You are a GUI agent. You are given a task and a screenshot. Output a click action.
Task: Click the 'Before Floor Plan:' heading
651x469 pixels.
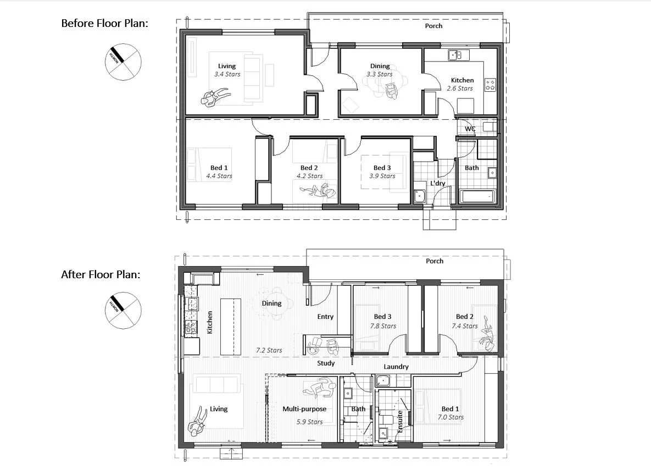point(104,23)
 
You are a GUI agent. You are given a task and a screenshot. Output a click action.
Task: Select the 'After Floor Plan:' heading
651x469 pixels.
point(101,274)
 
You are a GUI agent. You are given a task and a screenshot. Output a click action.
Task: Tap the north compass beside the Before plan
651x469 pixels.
point(123,62)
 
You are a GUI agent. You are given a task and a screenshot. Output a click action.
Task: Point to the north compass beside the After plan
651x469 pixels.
point(123,310)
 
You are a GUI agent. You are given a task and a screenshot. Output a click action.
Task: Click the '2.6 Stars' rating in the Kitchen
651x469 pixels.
point(460,89)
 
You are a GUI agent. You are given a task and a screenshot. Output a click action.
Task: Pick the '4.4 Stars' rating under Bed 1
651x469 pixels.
point(219,176)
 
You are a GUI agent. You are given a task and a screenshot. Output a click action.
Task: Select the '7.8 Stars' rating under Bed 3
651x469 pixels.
point(383,326)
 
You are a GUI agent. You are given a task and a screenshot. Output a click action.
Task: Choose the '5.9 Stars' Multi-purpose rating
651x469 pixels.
point(309,422)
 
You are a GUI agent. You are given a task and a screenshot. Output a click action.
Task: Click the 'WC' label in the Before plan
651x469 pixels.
point(470,129)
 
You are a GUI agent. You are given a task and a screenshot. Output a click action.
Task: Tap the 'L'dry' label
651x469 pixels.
point(438,183)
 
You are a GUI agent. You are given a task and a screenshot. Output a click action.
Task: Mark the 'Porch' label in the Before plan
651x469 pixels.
point(433,26)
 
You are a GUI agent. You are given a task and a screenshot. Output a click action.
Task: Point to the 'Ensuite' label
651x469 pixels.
point(400,422)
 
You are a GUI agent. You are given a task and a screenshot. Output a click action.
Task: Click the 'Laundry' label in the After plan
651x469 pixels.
point(396,367)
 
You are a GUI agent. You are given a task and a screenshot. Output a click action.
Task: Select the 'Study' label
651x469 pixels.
point(326,363)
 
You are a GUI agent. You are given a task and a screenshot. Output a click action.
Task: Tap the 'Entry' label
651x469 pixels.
point(325,317)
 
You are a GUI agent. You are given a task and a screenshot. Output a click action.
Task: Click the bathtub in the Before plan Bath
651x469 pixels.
point(477,196)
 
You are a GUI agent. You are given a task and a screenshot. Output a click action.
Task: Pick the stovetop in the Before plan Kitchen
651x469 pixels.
point(491,85)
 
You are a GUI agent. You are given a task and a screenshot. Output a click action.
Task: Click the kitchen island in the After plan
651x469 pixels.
point(230,327)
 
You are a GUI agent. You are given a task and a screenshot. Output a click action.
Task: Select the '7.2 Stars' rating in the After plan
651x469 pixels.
point(269,351)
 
